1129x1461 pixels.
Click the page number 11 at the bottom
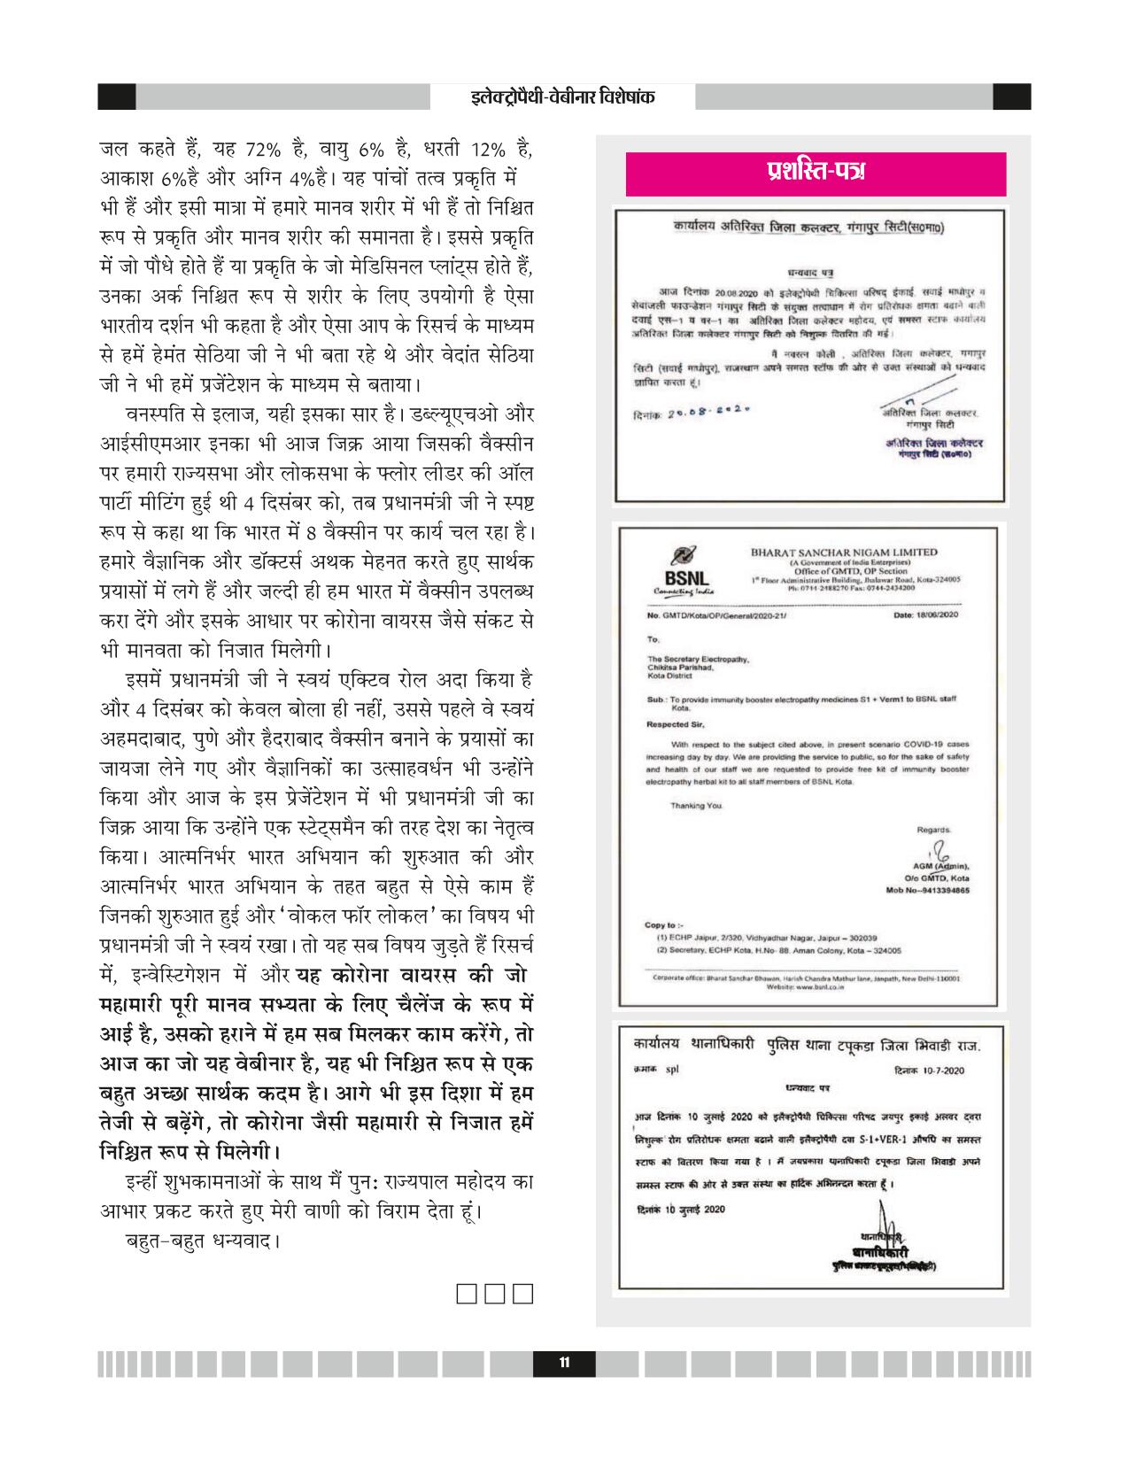[x=563, y=1364]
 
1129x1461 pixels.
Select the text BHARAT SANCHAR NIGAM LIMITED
[x=842, y=553]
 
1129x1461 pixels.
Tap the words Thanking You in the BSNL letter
[x=697, y=806]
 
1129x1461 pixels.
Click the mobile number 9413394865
[x=940, y=889]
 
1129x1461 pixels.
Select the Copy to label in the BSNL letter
[x=661, y=925]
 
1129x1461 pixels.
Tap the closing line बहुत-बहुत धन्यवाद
[x=203, y=1239]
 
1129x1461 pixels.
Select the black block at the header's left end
[x=116, y=97]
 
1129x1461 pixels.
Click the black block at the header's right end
[x=1011, y=97]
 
